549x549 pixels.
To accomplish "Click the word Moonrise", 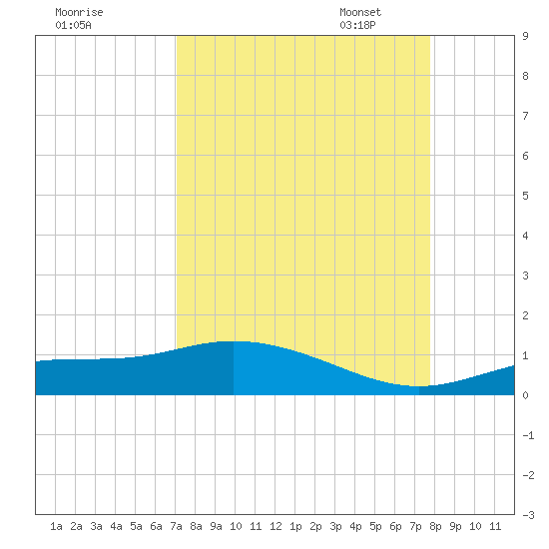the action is (x=79, y=12).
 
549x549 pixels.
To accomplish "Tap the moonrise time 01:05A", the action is (x=73, y=25).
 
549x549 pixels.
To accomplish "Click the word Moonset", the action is (x=360, y=12).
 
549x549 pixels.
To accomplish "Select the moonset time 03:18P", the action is (x=357, y=25).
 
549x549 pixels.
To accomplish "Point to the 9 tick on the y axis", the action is (x=525, y=36).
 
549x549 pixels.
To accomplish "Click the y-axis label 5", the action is (x=525, y=196).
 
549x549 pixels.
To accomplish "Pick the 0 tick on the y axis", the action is (x=525, y=395).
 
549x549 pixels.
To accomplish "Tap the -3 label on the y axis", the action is (x=529, y=515).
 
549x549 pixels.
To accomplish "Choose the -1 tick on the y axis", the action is (x=529, y=435).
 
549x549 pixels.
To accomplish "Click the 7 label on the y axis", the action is (x=525, y=116).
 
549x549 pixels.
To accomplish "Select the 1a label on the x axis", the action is (x=56, y=526).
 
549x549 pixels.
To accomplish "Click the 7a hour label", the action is (x=176, y=526).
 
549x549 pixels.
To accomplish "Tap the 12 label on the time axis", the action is (x=275, y=526).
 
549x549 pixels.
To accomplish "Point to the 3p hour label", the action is (x=335, y=526).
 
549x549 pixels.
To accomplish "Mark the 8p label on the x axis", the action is (x=435, y=526).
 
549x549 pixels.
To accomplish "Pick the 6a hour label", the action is (x=156, y=526).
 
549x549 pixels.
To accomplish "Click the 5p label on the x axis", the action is (x=375, y=526).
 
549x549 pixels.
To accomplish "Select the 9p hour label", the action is (x=455, y=526).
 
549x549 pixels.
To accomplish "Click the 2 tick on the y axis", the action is (x=525, y=315).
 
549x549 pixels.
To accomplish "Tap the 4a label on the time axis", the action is (x=116, y=526).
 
